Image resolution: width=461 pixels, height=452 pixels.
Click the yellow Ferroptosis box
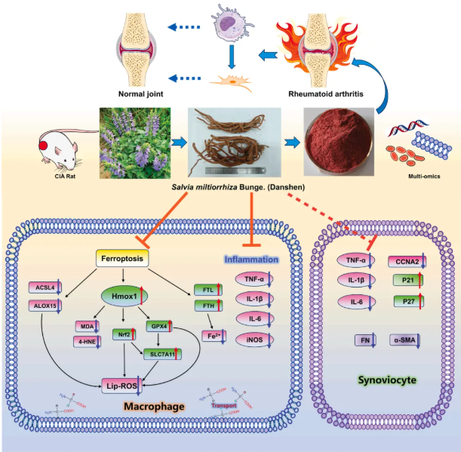click(x=131, y=260)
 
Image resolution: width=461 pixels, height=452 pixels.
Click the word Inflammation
click(x=252, y=260)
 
